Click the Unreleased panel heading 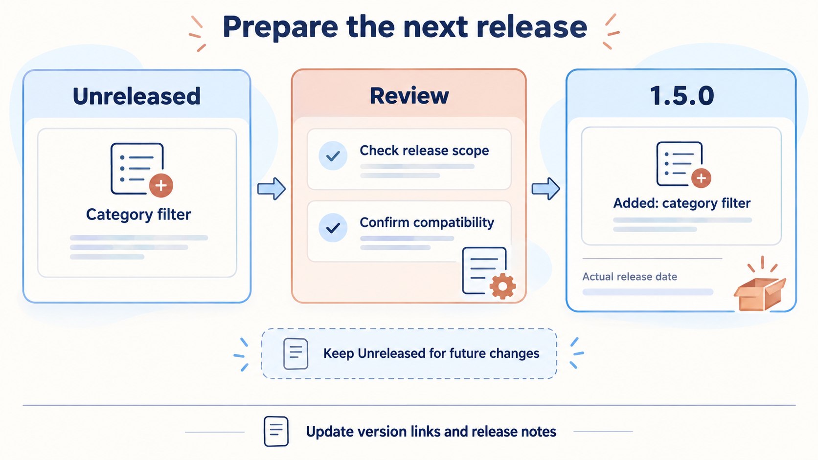(x=136, y=96)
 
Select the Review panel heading (x=409, y=96)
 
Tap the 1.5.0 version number (x=682, y=96)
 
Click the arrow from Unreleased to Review (x=272, y=189)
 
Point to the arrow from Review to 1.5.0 (x=545, y=189)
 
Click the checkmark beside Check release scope (x=333, y=156)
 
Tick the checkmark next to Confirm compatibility (x=333, y=228)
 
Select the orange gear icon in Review (x=502, y=286)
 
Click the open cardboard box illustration (x=760, y=289)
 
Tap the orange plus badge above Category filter (x=161, y=185)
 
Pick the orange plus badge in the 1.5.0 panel (x=701, y=178)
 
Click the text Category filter (x=138, y=214)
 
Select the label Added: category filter (x=682, y=203)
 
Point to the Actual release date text (x=630, y=277)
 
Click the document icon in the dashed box (x=295, y=353)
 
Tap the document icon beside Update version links (x=276, y=431)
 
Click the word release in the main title (x=532, y=27)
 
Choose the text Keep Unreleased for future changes (x=432, y=353)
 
